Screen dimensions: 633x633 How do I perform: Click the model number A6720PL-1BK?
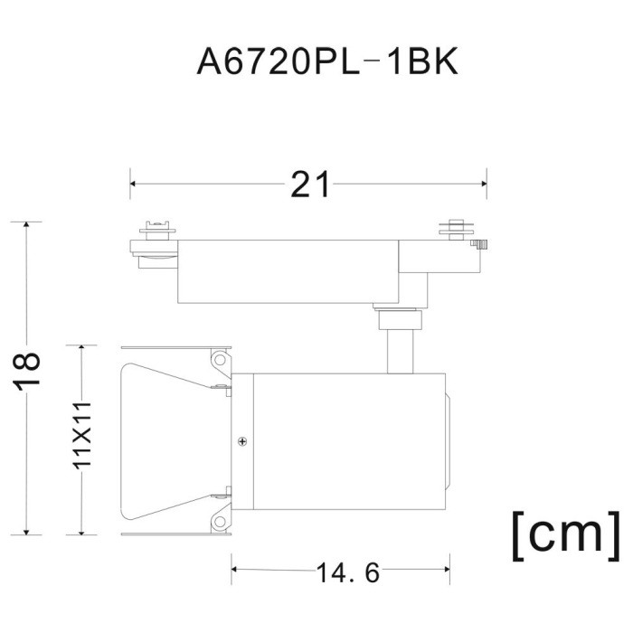coord(328,63)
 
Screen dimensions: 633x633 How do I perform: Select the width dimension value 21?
coord(310,184)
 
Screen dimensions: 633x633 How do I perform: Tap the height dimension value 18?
coord(28,372)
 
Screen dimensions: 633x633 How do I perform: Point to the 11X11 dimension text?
coord(82,433)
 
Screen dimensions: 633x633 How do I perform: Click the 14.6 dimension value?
coord(347,572)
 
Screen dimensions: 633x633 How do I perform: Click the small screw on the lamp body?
coord(242,441)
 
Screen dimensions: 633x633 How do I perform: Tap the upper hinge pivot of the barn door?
coord(218,361)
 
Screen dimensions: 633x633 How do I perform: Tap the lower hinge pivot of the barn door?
coord(218,521)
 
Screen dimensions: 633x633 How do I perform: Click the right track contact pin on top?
coord(457,227)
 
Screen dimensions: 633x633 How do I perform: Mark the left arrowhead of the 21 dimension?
coord(134,184)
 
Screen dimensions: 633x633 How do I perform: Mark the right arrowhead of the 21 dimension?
coord(484,184)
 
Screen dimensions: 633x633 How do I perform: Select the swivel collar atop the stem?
coord(399,319)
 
